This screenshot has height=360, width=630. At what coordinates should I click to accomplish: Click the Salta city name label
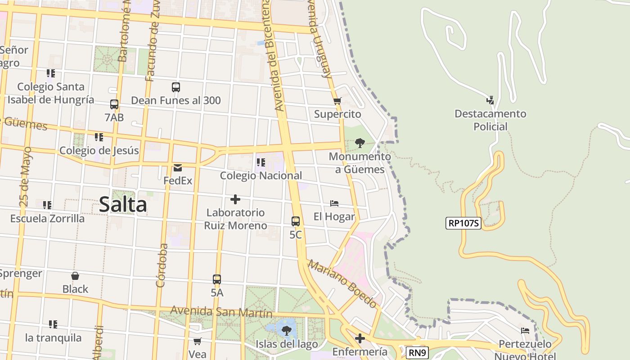click(123, 205)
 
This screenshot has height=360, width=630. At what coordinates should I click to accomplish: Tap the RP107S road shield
click(463, 223)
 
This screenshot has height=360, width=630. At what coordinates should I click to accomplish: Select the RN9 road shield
click(417, 353)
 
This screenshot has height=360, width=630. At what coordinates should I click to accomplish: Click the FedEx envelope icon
click(178, 168)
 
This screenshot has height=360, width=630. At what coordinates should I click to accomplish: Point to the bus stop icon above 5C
click(296, 221)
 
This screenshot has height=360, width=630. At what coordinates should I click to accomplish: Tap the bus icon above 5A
click(217, 279)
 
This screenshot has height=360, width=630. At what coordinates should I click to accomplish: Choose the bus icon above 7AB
click(114, 104)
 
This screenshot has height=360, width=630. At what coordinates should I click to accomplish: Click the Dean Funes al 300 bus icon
click(176, 87)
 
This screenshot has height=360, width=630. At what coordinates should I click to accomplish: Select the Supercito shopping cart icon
click(337, 101)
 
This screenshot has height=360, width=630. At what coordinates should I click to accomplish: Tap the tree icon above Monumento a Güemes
click(360, 143)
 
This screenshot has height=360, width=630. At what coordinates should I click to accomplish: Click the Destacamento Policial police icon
click(490, 100)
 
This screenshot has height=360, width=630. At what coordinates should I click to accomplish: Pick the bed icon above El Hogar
click(334, 203)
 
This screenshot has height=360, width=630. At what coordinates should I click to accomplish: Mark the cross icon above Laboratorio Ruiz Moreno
click(235, 199)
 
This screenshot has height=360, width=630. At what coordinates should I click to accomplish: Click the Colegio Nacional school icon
click(261, 162)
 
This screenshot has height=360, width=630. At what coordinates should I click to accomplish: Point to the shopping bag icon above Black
click(75, 276)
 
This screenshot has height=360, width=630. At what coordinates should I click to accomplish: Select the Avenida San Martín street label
click(221, 311)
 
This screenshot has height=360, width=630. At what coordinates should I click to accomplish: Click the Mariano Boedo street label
click(342, 284)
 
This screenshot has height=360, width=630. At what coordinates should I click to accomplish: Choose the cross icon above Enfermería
click(360, 338)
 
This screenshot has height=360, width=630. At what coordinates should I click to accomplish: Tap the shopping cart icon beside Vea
click(197, 342)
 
